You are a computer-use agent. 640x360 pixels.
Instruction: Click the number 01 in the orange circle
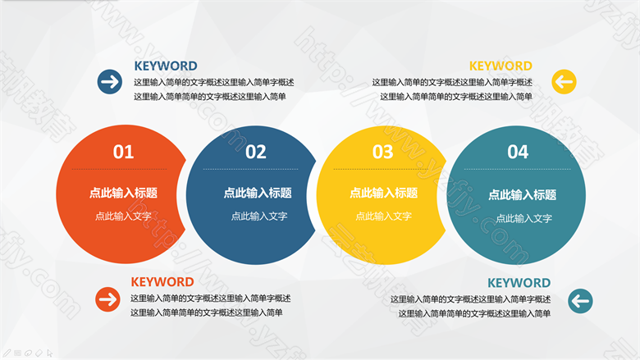click(x=123, y=152)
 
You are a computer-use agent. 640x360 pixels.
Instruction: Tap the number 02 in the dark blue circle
click(x=256, y=152)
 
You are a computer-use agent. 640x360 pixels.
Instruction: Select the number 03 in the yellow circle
click(x=383, y=152)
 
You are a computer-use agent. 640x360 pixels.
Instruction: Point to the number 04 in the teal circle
click(x=518, y=152)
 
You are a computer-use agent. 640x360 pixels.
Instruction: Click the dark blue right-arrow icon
click(x=110, y=82)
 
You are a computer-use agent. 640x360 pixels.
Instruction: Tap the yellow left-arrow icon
click(x=564, y=82)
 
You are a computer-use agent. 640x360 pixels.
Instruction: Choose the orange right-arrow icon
click(x=107, y=299)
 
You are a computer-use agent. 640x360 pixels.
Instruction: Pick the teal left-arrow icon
click(x=580, y=301)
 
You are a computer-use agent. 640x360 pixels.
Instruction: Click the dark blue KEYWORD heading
click(x=166, y=66)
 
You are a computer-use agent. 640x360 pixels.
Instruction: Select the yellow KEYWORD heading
click(x=501, y=66)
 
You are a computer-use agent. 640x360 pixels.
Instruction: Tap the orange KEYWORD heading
click(x=162, y=282)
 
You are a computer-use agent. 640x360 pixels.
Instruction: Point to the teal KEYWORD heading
click(x=519, y=283)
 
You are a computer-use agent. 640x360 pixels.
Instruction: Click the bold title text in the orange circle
click(x=123, y=193)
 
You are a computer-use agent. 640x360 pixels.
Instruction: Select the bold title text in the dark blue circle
click(x=258, y=193)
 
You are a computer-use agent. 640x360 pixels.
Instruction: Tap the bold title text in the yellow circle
click(x=384, y=193)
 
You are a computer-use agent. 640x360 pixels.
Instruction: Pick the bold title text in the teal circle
click(x=523, y=195)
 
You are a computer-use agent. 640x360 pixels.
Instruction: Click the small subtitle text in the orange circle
click(x=123, y=216)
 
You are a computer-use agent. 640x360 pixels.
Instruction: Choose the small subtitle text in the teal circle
click(x=524, y=218)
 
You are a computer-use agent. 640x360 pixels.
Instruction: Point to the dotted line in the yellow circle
click(x=381, y=169)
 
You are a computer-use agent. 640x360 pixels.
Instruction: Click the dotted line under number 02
click(x=250, y=169)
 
